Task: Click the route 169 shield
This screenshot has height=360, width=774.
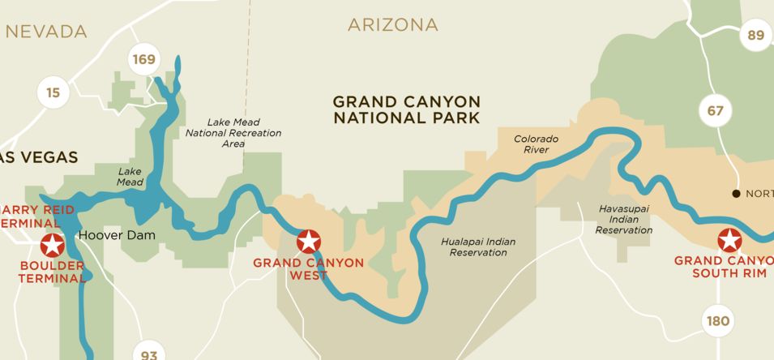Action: (144, 60)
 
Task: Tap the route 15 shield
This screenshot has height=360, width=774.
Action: (53, 93)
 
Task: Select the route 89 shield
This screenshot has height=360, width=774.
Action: (756, 35)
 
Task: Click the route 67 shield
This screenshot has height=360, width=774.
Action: (715, 110)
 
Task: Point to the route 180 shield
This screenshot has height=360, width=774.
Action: (717, 321)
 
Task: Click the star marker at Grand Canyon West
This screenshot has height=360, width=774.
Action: (308, 242)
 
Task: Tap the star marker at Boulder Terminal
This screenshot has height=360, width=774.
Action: (53, 244)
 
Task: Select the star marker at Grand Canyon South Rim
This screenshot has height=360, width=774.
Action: (729, 240)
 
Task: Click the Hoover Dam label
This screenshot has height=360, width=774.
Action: (116, 236)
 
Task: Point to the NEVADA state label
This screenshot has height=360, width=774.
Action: (46, 32)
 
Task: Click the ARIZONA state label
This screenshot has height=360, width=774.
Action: (393, 25)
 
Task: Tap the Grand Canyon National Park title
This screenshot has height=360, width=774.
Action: (407, 109)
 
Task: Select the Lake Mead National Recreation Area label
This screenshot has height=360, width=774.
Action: (233, 133)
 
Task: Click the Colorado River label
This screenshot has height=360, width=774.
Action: (536, 144)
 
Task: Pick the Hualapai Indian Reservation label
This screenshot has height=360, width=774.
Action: (478, 247)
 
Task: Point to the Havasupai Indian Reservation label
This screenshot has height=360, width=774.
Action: (624, 219)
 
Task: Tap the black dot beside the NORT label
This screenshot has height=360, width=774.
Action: (736, 194)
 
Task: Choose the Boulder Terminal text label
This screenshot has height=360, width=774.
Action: (52, 272)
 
